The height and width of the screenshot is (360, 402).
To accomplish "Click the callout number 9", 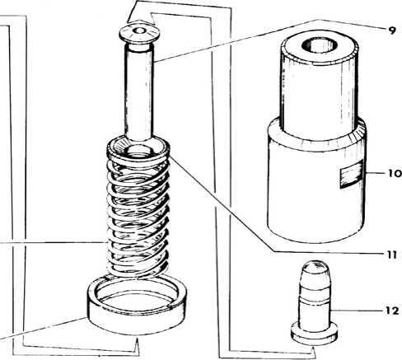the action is coord(392,30).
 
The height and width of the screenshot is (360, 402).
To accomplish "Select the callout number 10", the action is coord(395,173).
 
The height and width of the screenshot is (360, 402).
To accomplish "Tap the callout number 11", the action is coord(392,255).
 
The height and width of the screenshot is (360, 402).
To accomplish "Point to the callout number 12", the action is coord(392,311).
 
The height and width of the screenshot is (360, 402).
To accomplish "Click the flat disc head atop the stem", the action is coord(138,33).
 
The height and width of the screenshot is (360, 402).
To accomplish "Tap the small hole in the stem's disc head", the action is coord(139,30).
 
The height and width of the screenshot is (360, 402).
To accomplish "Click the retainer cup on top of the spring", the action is coord(138,149).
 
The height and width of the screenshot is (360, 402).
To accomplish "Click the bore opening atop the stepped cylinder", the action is coord(320,45).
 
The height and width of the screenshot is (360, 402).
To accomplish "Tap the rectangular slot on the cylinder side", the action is coord(352,175).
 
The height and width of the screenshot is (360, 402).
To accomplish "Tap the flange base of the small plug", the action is coord(314,334).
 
